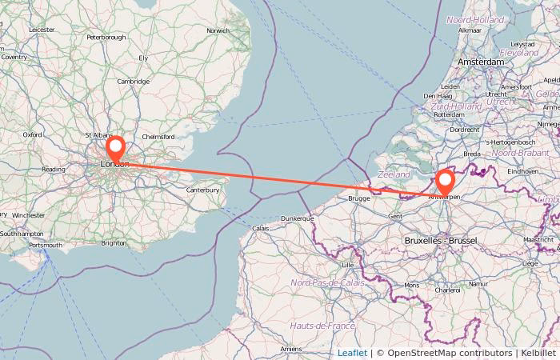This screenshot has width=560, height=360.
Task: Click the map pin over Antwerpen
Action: (445, 182)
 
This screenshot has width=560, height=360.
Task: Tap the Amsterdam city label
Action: (481, 62)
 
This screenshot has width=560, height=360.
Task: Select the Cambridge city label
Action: (133, 82)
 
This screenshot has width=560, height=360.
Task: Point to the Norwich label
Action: (218, 31)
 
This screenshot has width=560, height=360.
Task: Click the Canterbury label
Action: (202, 190)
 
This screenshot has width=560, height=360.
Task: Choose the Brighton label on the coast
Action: (114, 243)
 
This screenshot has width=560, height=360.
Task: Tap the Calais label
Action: (261, 228)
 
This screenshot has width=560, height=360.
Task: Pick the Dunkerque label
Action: (297, 218)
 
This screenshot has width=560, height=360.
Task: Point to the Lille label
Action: (347, 264)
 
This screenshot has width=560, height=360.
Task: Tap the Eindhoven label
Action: (523, 171)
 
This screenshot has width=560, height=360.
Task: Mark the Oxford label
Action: (32, 135)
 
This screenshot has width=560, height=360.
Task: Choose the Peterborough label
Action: (106, 37)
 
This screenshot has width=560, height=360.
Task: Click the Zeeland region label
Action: (393, 173)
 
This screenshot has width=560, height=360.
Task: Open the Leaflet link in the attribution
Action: (352, 353)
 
